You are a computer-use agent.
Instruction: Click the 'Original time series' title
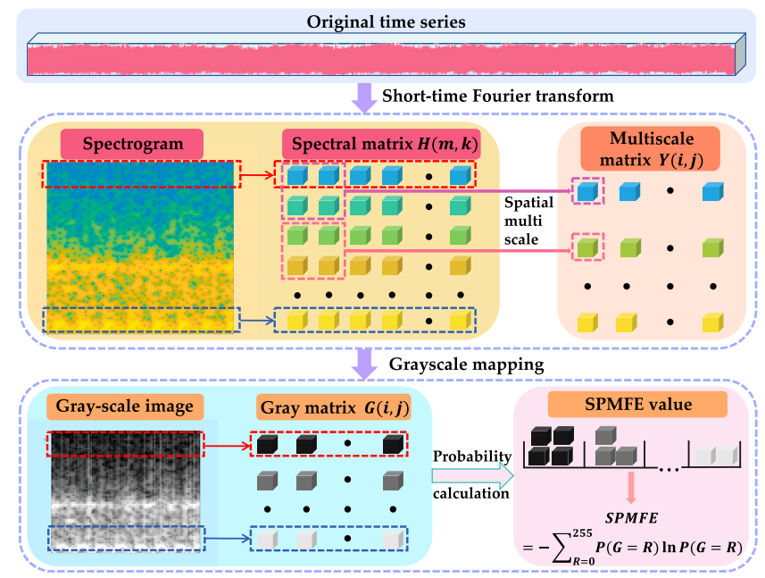click(382, 21)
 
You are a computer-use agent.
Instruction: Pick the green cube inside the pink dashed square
click(586, 247)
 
